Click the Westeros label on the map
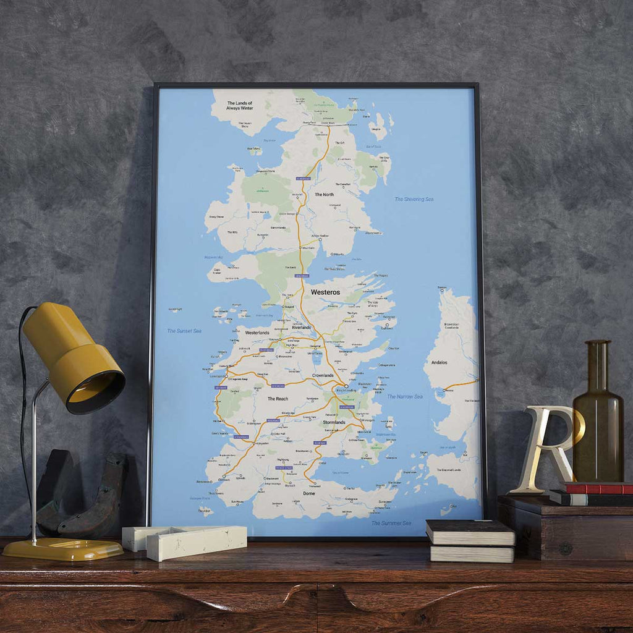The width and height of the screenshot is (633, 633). pyautogui.click(x=325, y=292)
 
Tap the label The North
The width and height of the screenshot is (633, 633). pyautogui.click(x=324, y=195)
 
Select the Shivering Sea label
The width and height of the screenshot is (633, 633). pyautogui.click(x=414, y=199)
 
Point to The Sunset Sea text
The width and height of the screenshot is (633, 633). pyautogui.click(x=184, y=331)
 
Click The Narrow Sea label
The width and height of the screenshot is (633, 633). pyautogui.click(x=405, y=396)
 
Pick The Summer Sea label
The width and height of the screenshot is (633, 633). pyautogui.click(x=391, y=523)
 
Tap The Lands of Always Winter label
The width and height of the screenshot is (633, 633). pyautogui.click(x=240, y=106)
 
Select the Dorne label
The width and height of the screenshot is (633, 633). pyautogui.click(x=309, y=494)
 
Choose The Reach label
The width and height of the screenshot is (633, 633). pyautogui.click(x=278, y=399)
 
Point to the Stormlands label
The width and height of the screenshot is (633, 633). pyautogui.click(x=334, y=422)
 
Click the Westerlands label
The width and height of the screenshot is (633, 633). pyautogui.click(x=257, y=333)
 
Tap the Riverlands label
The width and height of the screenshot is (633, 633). pyautogui.click(x=301, y=327)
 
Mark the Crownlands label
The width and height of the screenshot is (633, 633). pyautogui.click(x=323, y=375)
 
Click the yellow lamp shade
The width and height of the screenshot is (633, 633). pyautogui.click(x=73, y=357)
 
